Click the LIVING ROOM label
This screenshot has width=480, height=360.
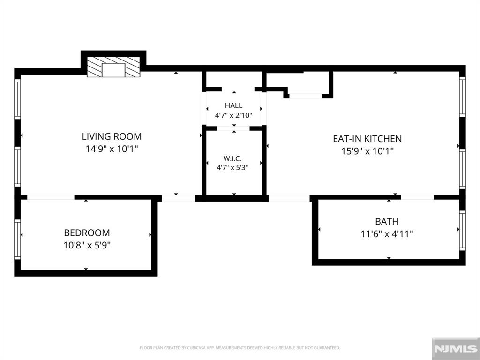click(x=112, y=136)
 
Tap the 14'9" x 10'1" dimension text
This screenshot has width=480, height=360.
click(x=112, y=149)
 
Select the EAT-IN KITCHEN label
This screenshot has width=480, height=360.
click(x=367, y=139)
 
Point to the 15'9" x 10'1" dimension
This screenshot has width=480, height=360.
click(x=367, y=151)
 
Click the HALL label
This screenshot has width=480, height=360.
click(x=233, y=105)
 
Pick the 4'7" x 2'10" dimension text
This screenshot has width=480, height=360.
click(x=233, y=115)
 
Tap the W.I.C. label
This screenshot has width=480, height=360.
click(x=232, y=158)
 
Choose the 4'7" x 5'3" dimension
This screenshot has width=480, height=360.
click(x=232, y=168)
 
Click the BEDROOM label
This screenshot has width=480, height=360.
click(x=87, y=233)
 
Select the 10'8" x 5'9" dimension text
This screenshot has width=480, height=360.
click(x=87, y=245)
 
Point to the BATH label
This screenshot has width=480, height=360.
click(x=387, y=221)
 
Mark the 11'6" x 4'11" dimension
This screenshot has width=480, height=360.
click(x=387, y=234)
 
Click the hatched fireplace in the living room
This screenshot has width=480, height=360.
click(x=113, y=67)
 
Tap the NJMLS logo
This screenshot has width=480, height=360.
click(x=456, y=349)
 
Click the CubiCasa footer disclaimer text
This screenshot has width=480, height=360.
click(x=240, y=348)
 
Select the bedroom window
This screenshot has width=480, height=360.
click(x=17, y=240)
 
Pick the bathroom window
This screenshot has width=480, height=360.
click(x=463, y=230)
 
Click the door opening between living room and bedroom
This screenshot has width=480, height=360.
click(x=51, y=197)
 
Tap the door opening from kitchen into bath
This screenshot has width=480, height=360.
click(x=418, y=197)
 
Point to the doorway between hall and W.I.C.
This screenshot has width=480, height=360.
click(x=233, y=128)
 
